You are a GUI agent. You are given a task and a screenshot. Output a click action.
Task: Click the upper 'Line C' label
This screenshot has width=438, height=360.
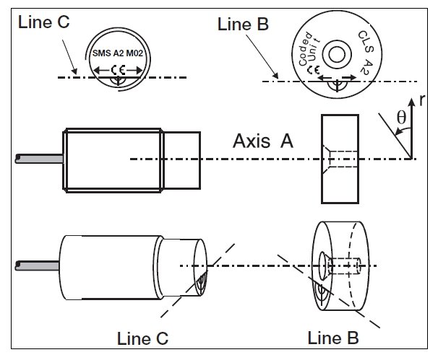[x=44, y=22]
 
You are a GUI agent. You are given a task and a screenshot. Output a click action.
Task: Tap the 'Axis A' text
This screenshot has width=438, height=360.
[x=262, y=142]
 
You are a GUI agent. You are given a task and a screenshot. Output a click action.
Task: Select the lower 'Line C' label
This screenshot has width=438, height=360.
[x=143, y=337]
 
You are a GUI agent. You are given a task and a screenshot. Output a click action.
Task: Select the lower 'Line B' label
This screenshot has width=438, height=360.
[x=333, y=337]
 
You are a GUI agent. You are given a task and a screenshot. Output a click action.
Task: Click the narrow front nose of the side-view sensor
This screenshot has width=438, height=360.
[x=182, y=159]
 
